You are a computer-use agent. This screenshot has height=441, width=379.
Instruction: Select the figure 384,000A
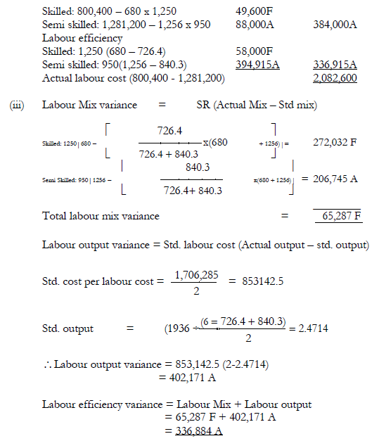(x=335, y=25)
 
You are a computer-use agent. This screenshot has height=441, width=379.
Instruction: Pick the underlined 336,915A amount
(x=335, y=63)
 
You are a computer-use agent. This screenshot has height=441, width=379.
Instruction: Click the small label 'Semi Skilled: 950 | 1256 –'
(x=68, y=179)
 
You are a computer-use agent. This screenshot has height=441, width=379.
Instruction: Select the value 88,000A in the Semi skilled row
(x=257, y=25)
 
